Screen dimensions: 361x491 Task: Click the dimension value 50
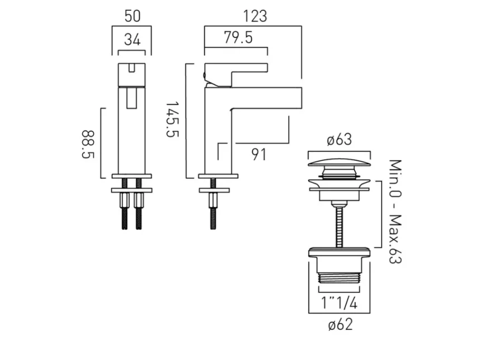(132, 16)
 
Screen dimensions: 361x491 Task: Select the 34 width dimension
(132, 39)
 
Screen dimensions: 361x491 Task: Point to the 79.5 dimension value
(238, 38)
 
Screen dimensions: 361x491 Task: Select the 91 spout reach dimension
(259, 154)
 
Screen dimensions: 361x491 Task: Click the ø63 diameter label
(339, 140)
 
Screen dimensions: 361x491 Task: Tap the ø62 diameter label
(339, 325)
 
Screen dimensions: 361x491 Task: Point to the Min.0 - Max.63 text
(395, 212)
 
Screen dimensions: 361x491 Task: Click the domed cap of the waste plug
(339, 163)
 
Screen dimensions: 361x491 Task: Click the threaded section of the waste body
(339, 278)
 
